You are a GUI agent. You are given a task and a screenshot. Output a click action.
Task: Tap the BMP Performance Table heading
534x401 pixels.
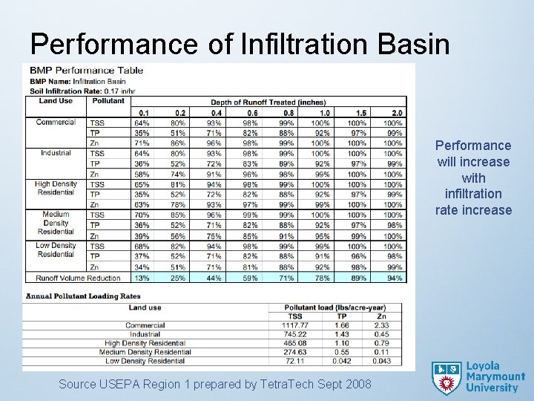87,71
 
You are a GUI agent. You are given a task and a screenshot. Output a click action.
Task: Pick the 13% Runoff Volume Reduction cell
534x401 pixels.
141,278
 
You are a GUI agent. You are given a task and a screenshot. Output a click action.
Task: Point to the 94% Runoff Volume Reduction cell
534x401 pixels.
395,278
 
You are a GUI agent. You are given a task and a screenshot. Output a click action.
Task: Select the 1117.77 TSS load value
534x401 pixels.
295,325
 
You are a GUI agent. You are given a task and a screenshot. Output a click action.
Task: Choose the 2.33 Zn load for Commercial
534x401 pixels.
381,325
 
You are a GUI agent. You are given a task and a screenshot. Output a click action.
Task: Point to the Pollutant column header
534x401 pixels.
109,101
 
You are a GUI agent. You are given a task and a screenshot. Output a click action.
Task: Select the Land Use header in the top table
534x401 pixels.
56,101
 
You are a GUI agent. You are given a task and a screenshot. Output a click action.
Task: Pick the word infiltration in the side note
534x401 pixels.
473,194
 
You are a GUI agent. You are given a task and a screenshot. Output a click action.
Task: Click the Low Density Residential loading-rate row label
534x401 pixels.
145,361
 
